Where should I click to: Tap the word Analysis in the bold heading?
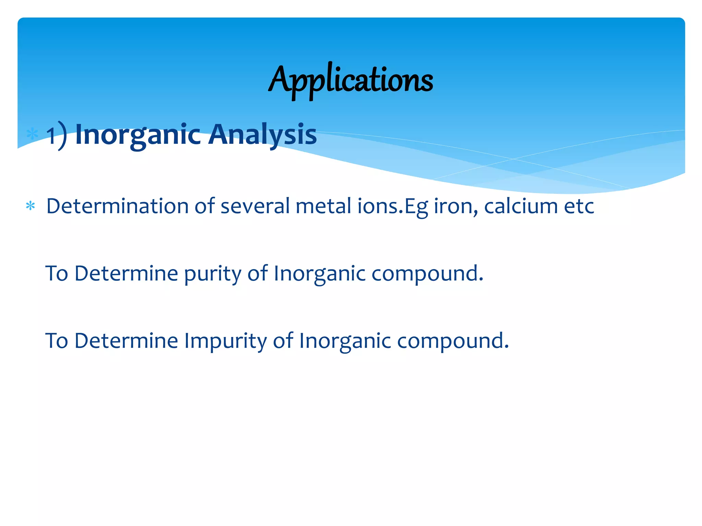click(x=263, y=135)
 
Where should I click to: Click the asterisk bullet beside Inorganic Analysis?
click(x=32, y=134)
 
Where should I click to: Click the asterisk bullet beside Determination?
click(x=31, y=206)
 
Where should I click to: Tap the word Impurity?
click(x=225, y=341)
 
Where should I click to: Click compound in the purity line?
click(x=427, y=274)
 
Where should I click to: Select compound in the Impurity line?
click(x=453, y=341)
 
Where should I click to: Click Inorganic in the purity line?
click(x=319, y=274)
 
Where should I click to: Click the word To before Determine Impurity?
click(x=57, y=341)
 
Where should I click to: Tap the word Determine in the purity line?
click(x=126, y=274)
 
